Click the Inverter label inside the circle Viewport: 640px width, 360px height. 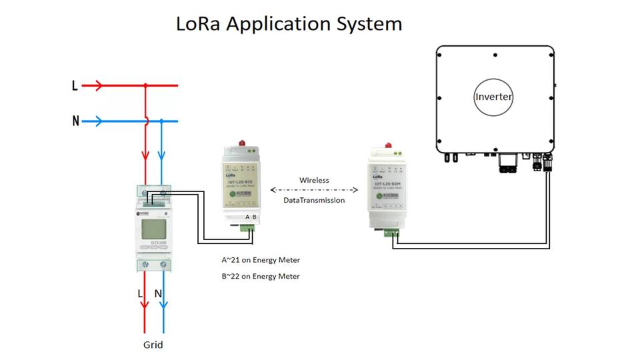coord(494,97)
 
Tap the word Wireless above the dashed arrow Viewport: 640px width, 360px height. coord(314,180)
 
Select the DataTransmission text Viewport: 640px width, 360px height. coord(314,200)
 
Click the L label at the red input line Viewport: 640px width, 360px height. coord(75,85)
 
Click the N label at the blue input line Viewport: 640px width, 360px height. coord(75,121)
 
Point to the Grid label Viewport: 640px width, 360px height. coord(153,345)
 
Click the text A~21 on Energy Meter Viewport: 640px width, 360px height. coord(261,260)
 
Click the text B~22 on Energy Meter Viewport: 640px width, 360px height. coord(261,276)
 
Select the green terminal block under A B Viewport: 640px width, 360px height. coord(249,228)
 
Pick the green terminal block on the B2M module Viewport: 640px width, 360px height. coord(391,233)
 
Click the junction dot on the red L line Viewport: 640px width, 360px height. coord(145,85)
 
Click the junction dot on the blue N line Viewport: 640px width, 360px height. coord(161,121)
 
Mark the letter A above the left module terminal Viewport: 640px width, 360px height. coord(247,217)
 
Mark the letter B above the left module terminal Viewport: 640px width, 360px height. coord(254,217)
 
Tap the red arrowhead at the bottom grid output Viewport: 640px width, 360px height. coord(145,305)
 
